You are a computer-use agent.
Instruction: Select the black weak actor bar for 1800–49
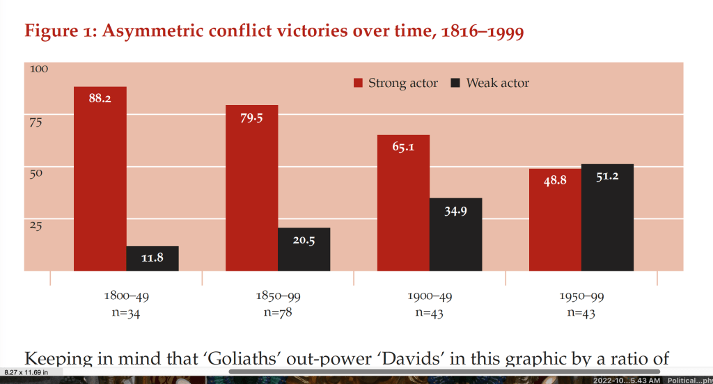(152, 258)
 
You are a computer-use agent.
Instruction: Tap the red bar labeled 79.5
(251, 187)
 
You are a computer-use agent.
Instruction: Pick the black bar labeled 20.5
(304, 249)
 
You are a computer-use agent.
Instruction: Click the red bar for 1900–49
(403, 202)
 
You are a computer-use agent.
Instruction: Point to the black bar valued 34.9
(455, 234)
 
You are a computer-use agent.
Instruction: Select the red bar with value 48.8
(555, 219)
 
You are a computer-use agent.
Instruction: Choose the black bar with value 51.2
(607, 217)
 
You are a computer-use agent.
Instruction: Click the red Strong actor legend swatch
(359, 83)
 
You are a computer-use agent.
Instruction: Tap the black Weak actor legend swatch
(456, 83)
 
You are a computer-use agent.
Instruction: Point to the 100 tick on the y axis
(39, 69)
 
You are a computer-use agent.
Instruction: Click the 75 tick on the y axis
(36, 122)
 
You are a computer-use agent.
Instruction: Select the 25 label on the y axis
(36, 225)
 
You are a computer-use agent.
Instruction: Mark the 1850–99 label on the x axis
(278, 296)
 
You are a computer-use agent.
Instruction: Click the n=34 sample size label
(126, 312)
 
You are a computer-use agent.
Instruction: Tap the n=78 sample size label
(278, 312)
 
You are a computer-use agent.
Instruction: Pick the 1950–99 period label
(581, 296)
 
